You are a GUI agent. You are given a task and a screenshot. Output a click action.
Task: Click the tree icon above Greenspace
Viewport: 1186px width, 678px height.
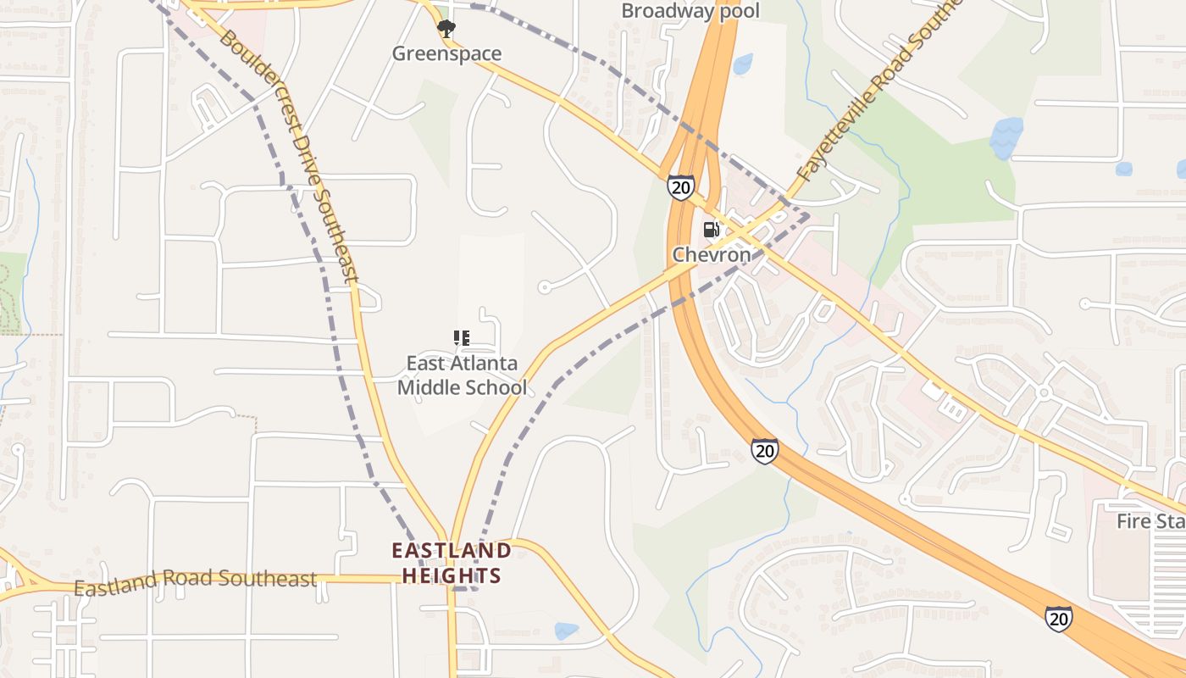tap(446, 29)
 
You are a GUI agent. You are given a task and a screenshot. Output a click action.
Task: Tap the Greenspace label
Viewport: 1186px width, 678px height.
tap(446, 53)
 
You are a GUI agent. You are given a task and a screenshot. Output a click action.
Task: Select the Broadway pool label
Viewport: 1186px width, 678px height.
tap(690, 11)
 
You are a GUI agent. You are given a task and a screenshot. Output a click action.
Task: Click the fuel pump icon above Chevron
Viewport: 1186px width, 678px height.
tap(712, 229)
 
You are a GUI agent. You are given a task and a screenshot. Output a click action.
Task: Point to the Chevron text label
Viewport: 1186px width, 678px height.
tap(712, 254)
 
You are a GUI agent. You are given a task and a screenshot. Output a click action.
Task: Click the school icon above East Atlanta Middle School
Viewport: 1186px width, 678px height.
tap(462, 339)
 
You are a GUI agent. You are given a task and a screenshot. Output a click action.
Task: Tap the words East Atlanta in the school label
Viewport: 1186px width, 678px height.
tap(462, 364)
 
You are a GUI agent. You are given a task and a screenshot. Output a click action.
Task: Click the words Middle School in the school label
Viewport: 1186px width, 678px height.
tap(462, 388)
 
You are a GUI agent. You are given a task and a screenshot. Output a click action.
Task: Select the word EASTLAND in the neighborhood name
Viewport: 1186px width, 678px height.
tap(452, 551)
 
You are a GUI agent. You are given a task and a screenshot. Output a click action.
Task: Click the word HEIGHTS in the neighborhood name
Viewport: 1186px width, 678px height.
tap(452, 576)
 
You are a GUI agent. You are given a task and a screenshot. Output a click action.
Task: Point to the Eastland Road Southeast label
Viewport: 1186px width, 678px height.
tap(195, 581)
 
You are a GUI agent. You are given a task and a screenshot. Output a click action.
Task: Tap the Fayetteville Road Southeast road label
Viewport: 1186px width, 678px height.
tap(877, 97)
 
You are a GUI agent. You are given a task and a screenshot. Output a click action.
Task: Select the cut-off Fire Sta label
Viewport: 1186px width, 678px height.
tap(1150, 521)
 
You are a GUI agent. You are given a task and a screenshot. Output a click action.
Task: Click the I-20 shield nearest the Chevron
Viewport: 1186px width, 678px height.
tap(680, 187)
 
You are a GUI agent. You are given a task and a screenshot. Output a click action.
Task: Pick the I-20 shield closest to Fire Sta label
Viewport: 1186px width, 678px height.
tap(1058, 619)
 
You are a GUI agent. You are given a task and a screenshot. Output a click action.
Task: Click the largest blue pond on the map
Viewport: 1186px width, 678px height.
tap(1006, 137)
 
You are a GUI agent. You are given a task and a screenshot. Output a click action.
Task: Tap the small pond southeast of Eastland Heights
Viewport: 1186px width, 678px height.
tap(565, 631)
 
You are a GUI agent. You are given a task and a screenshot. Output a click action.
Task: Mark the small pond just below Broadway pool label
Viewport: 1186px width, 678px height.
tap(743, 64)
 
